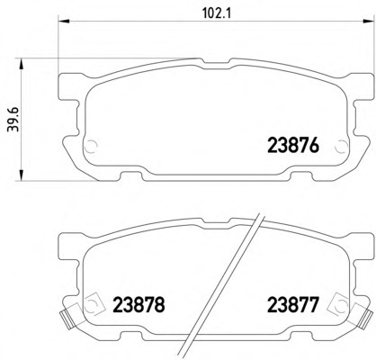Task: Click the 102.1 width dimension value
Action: pos(217,13)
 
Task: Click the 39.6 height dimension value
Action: pos(13,120)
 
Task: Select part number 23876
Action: pos(292,146)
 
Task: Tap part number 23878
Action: pos(139,304)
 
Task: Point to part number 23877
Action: pos(292,304)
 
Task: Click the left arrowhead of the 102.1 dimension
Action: pos(63,21)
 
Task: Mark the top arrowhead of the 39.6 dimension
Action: pos(21,64)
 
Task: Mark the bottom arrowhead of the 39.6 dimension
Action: pos(21,175)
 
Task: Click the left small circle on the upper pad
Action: pos(91,147)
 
